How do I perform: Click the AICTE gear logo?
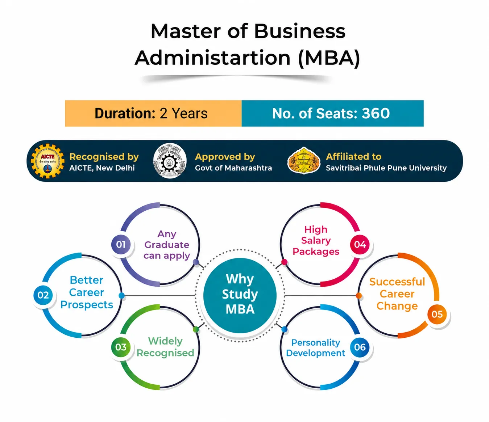click(47, 161)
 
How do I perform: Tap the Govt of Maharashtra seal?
click(170, 161)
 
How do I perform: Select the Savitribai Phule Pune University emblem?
click(304, 160)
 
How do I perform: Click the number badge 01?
click(121, 244)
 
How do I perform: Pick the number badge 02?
click(43, 295)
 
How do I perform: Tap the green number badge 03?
click(121, 347)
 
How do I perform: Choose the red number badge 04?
click(360, 244)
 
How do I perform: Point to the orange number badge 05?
click(437, 314)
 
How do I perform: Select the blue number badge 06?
click(360, 347)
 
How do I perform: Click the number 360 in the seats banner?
click(376, 113)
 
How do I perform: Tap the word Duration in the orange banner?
click(125, 113)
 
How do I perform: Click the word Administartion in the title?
click(212, 58)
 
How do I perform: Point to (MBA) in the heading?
click(329, 58)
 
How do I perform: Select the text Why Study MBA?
click(240, 294)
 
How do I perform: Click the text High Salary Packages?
click(316, 240)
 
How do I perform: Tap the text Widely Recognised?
click(165, 347)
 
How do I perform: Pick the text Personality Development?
click(316, 347)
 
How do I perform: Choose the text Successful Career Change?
click(397, 294)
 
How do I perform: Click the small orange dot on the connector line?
click(359, 295)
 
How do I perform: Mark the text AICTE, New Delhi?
click(102, 168)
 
